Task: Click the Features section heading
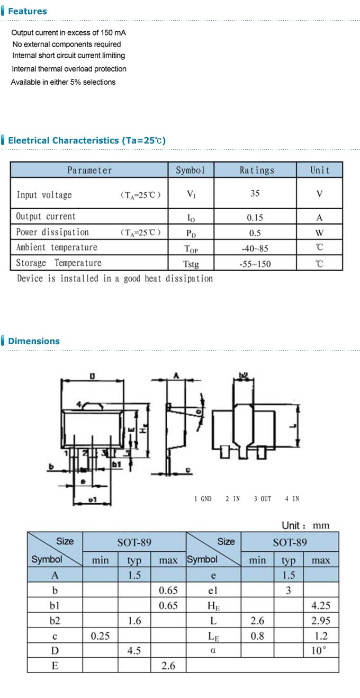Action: pos(27,11)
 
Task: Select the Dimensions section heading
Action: pos(33,341)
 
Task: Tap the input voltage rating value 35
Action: pos(255,193)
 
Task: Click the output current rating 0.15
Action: pos(255,217)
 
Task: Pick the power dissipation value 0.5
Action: pos(255,232)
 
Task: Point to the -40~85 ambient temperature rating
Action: pos(255,248)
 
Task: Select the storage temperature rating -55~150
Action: pos(255,264)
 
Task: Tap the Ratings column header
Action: pos(257,170)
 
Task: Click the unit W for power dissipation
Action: pos(319,232)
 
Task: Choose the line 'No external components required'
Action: pos(67,44)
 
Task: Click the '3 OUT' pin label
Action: pos(262,499)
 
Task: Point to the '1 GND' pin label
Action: pos(203,499)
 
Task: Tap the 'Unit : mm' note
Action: pos(305,525)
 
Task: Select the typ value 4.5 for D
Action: pos(134,650)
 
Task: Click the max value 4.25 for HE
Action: pos(320,605)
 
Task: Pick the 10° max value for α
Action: pos(319,650)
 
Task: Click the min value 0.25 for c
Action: pos(100,636)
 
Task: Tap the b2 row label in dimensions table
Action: pos(55,621)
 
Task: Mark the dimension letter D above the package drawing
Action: pos(92,376)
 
